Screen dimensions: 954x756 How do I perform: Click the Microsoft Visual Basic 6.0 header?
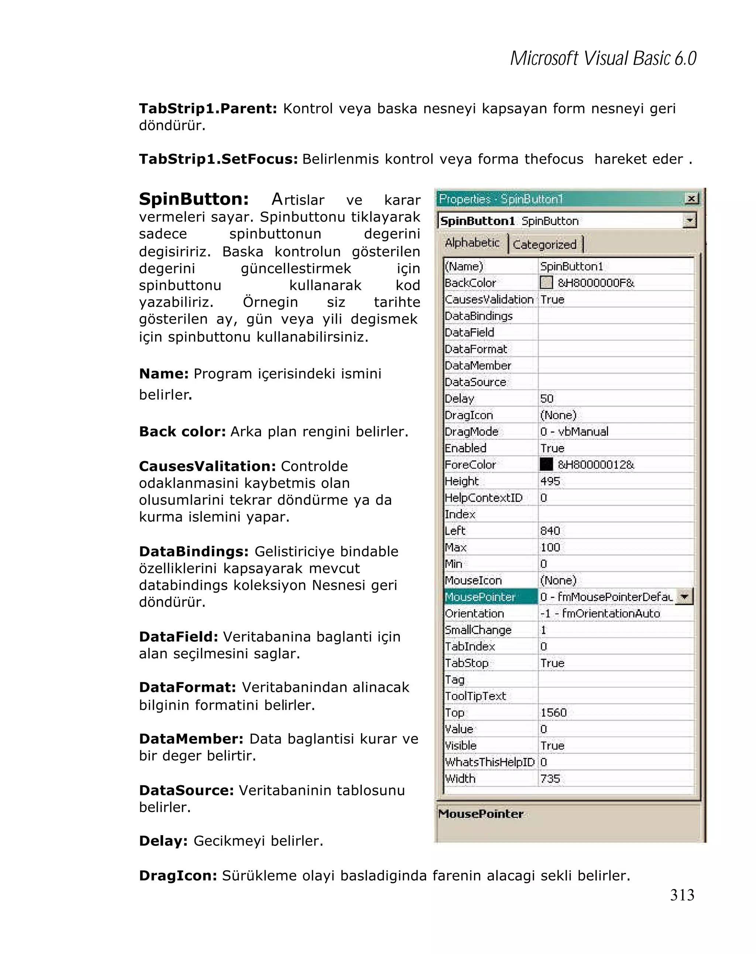[603, 58]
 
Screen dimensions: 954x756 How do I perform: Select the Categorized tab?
[544, 244]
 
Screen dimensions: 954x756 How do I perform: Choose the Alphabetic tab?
[472, 243]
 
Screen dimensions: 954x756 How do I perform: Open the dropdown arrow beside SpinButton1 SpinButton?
[689, 220]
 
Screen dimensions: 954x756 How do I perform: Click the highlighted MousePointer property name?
[480, 597]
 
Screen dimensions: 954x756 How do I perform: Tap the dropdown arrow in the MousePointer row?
[684, 597]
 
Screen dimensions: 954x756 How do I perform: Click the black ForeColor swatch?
[546, 464]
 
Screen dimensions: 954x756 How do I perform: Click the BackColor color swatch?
[546, 282]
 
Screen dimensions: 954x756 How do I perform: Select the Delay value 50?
[547, 399]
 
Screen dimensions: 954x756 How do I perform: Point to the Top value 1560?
[553, 713]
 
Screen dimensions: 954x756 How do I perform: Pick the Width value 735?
[550, 778]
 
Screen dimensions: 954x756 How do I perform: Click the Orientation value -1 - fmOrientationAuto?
[600, 613]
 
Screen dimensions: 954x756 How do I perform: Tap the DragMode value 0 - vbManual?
[574, 432]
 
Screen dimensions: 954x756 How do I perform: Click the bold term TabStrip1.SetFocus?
[218, 159]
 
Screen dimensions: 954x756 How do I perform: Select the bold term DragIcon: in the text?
[178, 875]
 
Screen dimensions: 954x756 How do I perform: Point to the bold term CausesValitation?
[207, 466]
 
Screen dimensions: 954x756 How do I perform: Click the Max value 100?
[550, 548]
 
